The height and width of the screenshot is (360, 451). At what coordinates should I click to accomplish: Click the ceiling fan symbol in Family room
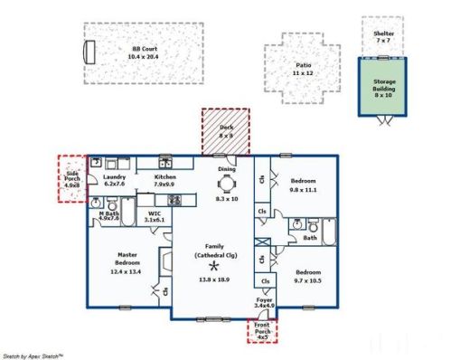click(214, 267)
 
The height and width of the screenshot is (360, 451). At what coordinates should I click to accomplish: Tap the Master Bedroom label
click(127, 260)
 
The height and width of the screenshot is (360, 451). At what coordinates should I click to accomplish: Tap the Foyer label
click(264, 302)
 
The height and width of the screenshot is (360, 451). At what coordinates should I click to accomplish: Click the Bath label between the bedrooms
click(310, 239)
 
